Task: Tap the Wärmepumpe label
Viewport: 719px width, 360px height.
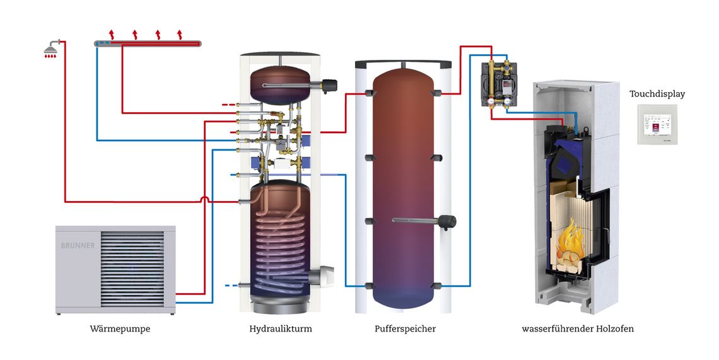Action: click(x=120, y=329)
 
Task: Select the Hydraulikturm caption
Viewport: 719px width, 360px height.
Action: click(x=281, y=329)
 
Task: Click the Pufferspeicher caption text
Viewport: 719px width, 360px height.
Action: click(x=405, y=329)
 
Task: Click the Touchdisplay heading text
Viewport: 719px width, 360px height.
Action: click(x=657, y=94)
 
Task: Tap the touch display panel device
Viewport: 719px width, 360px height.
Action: click(x=657, y=125)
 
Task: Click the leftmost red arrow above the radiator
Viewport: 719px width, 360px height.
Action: click(x=112, y=33)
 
